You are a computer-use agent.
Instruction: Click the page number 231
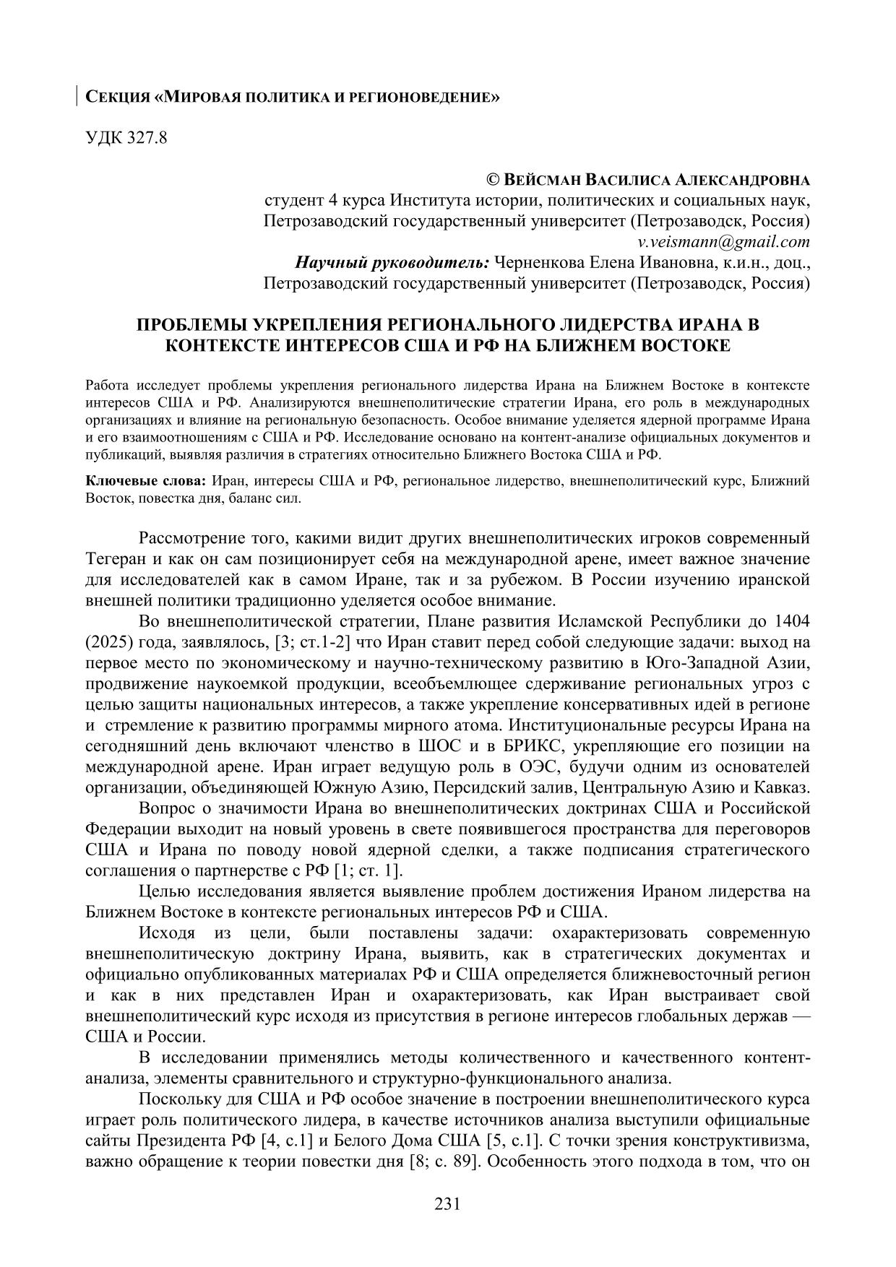(x=447, y=1204)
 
